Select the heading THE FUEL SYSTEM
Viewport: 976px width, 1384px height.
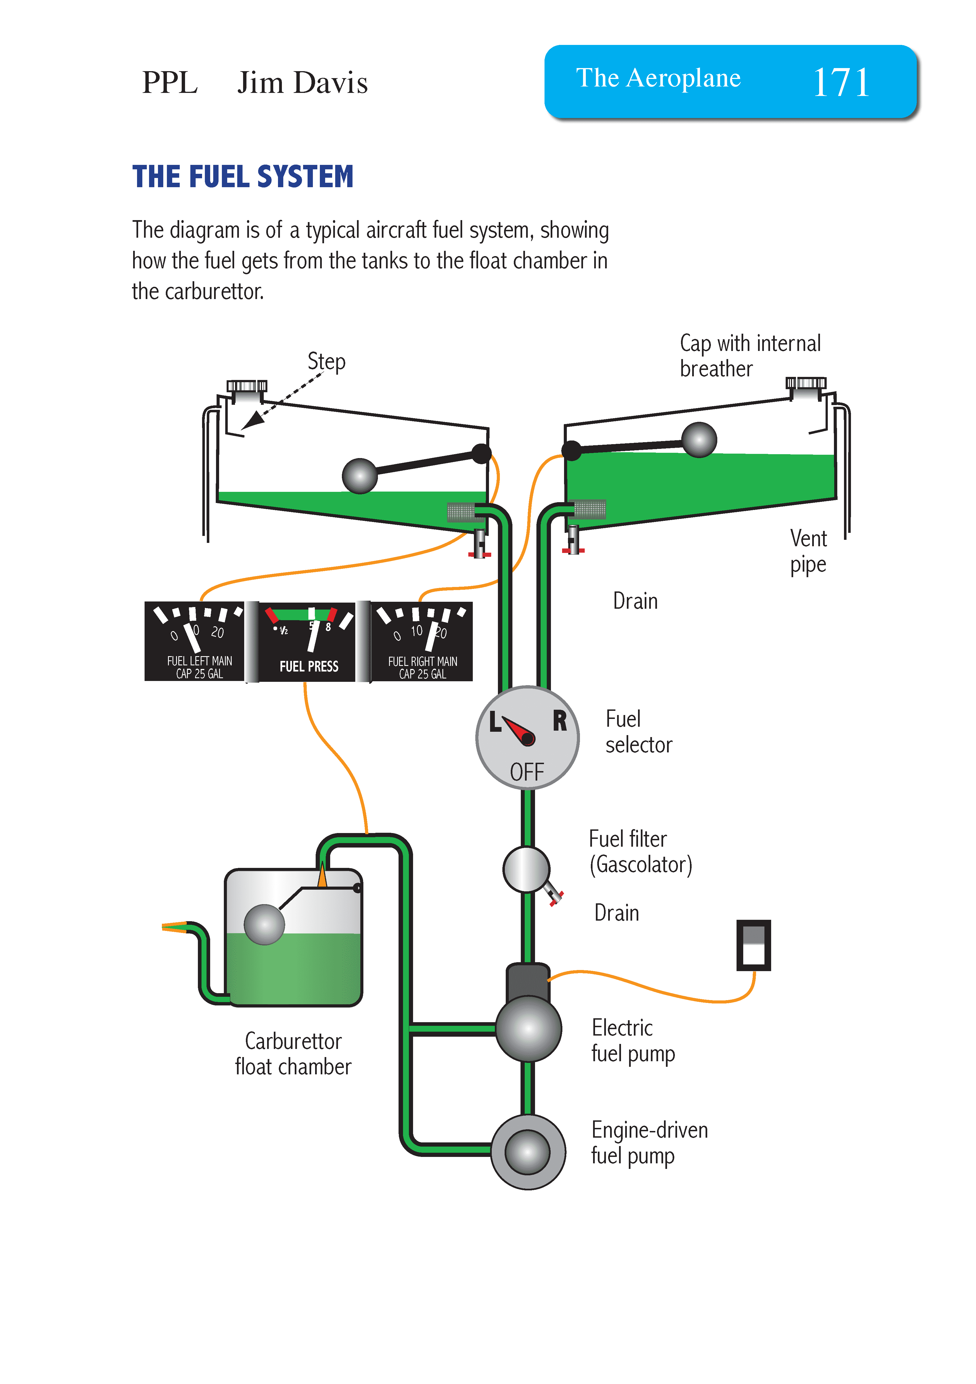(243, 177)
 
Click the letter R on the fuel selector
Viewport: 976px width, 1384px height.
(560, 721)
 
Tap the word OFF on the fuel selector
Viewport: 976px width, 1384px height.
(527, 772)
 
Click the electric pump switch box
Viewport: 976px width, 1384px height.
(753, 945)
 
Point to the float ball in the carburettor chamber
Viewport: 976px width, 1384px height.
(264, 924)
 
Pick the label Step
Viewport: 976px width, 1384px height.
(326, 362)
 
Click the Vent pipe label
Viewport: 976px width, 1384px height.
(808, 551)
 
